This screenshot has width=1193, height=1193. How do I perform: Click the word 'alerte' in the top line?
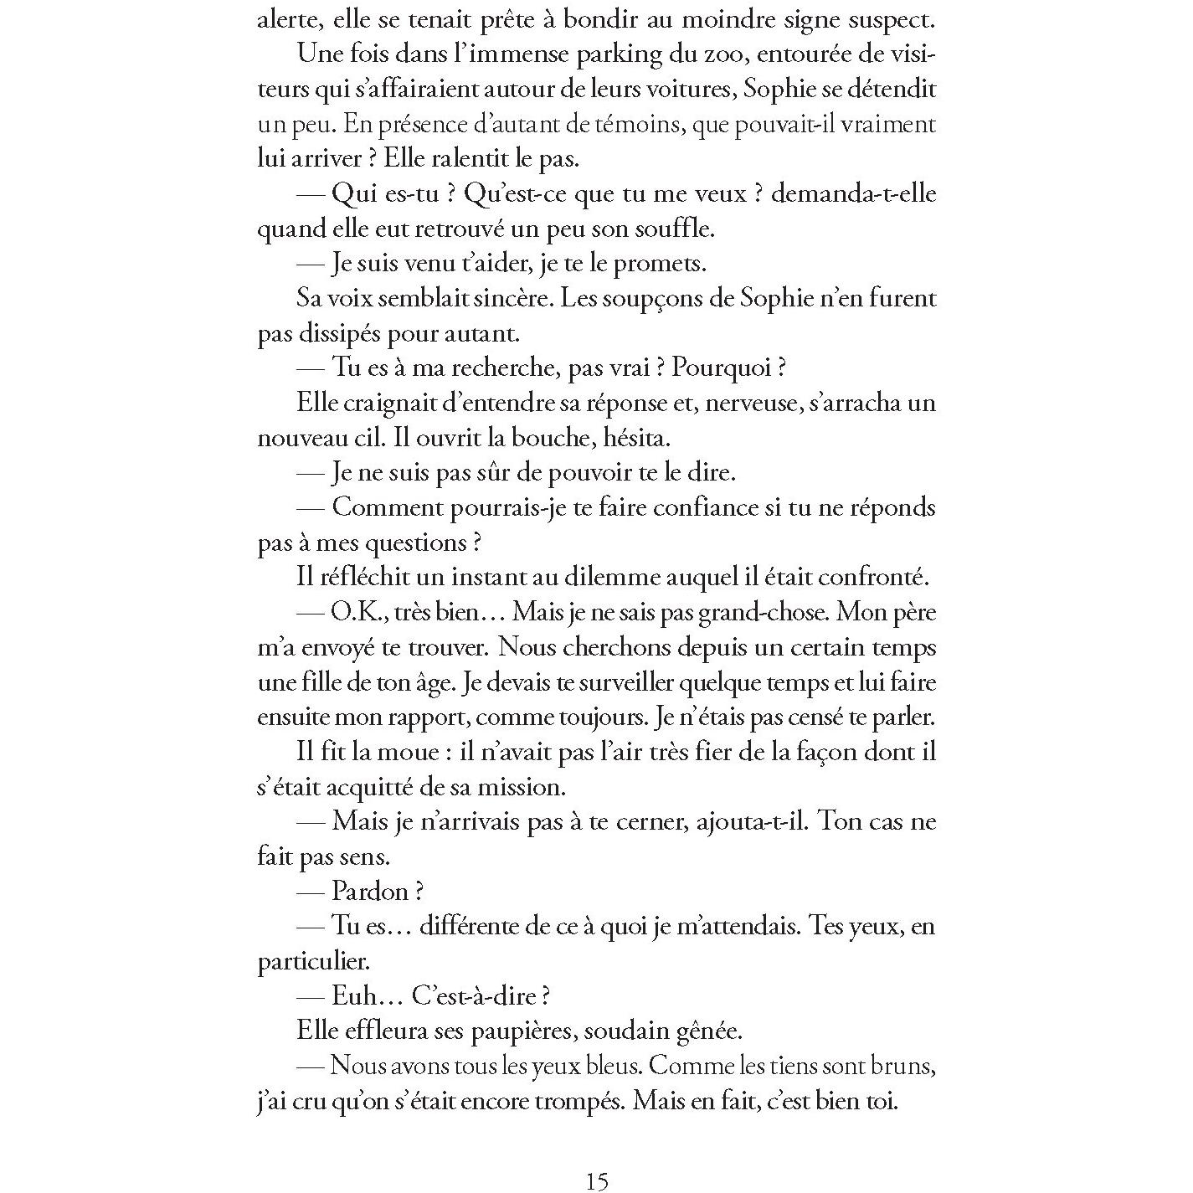click(285, 20)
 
